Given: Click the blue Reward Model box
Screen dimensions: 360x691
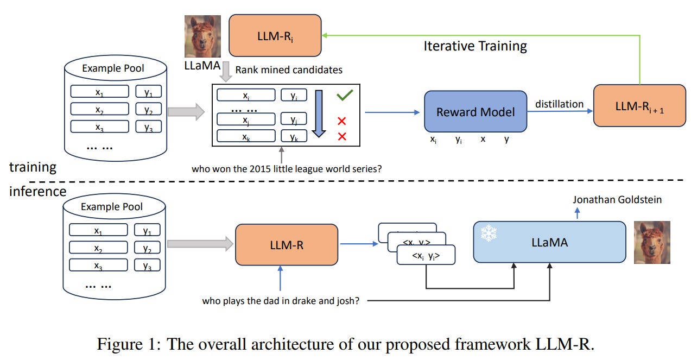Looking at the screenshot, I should click(475, 112).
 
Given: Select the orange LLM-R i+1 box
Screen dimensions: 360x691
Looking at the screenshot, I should click(639, 105).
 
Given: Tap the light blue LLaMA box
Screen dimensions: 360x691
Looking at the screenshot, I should click(549, 242).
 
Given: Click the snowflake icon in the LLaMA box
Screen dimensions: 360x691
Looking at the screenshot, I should click(489, 233).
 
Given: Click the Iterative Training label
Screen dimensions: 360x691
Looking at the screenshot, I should click(475, 46).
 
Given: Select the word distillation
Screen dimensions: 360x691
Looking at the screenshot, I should click(559, 103).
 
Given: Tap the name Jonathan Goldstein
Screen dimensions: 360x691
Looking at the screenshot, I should click(617, 200).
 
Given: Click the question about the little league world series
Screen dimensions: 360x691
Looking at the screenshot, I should click(287, 168).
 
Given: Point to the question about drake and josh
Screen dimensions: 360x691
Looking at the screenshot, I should click(280, 300).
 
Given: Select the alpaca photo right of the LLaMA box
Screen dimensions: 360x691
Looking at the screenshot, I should click(652, 242).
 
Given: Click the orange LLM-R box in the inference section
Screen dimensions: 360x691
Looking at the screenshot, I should click(286, 245).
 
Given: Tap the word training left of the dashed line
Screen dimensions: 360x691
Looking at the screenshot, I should click(33, 167).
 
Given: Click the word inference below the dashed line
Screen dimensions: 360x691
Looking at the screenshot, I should click(37, 191).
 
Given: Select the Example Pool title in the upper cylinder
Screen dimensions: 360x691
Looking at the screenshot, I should click(113, 68).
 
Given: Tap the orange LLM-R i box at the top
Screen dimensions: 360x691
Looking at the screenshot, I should click(275, 35).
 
